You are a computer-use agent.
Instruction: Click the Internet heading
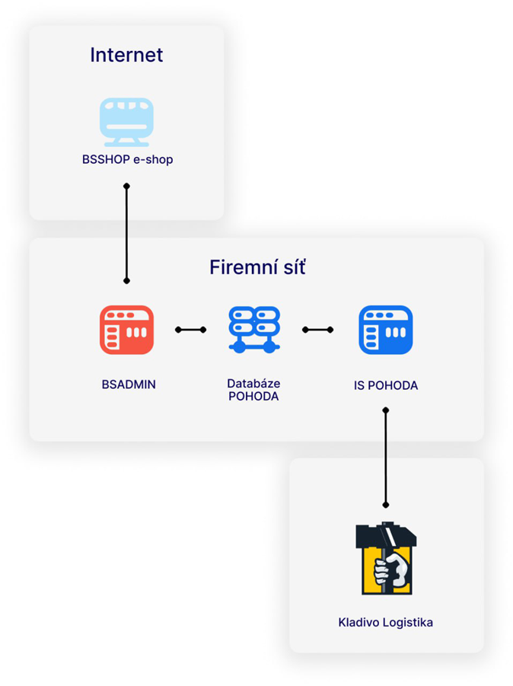click(x=126, y=55)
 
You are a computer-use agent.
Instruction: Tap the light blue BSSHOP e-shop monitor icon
click(x=126, y=122)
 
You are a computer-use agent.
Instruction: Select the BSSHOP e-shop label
click(x=127, y=159)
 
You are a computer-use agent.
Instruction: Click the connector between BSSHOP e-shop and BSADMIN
click(x=126, y=234)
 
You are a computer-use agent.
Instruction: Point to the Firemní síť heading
click(x=257, y=267)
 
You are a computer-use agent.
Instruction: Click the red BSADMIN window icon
click(x=126, y=330)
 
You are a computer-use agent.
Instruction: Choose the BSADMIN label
click(x=129, y=384)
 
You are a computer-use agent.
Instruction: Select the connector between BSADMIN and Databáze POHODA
click(x=191, y=330)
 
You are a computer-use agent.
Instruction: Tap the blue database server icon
click(x=254, y=330)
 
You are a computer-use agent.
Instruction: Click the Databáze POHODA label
click(x=253, y=390)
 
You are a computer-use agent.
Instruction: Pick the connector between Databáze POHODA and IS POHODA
click(x=318, y=330)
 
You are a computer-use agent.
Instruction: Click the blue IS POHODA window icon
click(x=386, y=330)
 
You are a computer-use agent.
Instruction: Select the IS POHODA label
click(x=386, y=385)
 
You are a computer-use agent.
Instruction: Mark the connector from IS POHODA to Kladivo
click(x=386, y=458)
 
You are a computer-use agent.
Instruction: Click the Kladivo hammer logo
click(x=386, y=558)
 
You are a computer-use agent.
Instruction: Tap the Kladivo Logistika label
click(x=385, y=622)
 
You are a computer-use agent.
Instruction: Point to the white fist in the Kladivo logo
click(x=391, y=570)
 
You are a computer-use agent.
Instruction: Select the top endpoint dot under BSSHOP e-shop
click(x=126, y=187)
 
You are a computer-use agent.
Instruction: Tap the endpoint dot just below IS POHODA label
click(x=386, y=410)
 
